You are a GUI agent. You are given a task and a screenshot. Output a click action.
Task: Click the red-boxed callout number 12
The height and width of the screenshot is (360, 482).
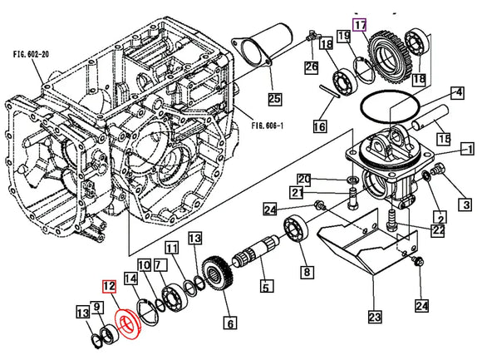[x=109, y=285]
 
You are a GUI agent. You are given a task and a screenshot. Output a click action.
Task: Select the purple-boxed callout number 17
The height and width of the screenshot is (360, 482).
[x=359, y=24]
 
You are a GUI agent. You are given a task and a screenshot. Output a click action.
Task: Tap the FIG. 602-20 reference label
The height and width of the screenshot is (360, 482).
[x=31, y=53]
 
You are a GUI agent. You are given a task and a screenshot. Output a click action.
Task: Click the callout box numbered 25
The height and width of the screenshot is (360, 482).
[x=274, y=98]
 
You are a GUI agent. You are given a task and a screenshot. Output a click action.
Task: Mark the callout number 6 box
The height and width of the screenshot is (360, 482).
[x=229, y=322]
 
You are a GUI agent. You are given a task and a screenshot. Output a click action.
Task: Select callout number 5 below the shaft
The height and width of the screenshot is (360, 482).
[x=265, y=288]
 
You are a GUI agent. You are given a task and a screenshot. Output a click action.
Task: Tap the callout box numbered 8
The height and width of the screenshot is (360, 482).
[x=307, y=271]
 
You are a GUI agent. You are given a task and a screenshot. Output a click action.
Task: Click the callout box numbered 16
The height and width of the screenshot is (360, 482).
[x=319, y=126]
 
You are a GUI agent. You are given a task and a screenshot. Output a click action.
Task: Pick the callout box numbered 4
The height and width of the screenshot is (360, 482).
[x=457, y=93]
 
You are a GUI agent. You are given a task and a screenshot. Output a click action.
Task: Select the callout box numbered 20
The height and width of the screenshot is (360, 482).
[x=327, y=180]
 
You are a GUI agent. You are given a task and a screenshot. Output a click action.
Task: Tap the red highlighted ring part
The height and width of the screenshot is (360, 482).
[x=130, y=321]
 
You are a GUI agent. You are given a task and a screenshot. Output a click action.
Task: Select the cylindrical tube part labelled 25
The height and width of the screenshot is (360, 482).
[x=268, y=46]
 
